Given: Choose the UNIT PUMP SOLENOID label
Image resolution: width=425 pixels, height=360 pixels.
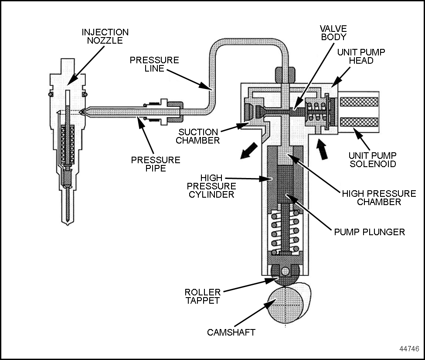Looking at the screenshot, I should (x=372, y=159).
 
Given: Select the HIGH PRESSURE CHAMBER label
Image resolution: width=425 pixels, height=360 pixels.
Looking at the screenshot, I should (x=378, y=198).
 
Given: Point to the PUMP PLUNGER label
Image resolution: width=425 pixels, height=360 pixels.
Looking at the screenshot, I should (x=369, y=232).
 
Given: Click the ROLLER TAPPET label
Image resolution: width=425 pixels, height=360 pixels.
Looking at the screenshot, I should (x=203, y=296).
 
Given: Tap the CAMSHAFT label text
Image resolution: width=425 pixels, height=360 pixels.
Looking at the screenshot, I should (x=231, y=333).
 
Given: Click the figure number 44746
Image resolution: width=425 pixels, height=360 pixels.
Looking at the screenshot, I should (x=409, y=349).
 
